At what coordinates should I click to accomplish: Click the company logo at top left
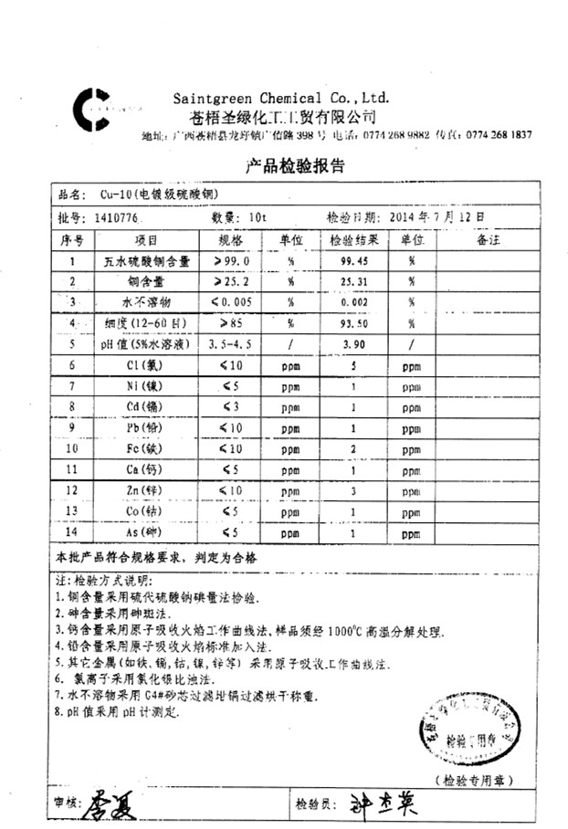[x=93, y=109]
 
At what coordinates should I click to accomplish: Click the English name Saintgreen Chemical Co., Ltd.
[x=281, y=98]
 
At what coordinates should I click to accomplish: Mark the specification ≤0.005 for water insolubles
[x=231, y=302]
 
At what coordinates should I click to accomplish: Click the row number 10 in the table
[x=71, y=448]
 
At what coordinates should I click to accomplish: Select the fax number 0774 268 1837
[x=499, y=134]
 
